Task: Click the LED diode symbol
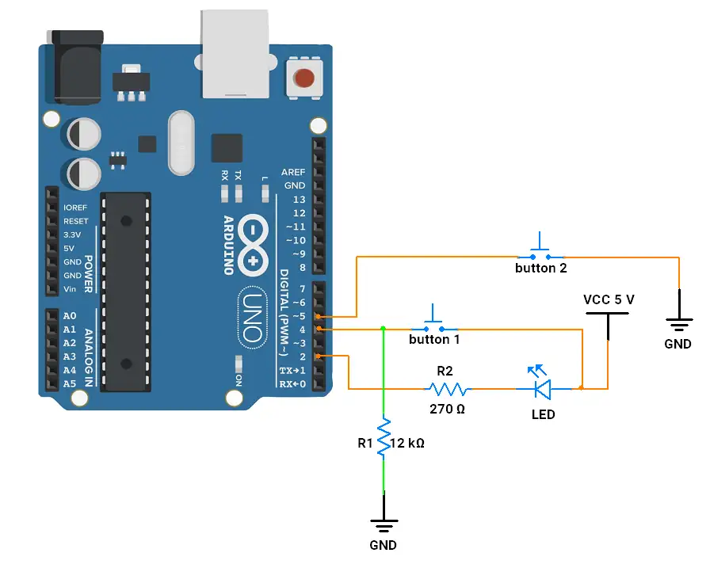click(543, 387)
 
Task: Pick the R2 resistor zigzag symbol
click(448, 389)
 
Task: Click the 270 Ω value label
click(446, 410)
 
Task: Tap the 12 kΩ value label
click(408, 444)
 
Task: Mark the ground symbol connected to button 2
click(678, 323)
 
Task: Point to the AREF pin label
click(293, 172)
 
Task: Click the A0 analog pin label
click(70, 316)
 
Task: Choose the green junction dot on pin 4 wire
click(384, 328)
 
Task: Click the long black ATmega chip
click(124, 292)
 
